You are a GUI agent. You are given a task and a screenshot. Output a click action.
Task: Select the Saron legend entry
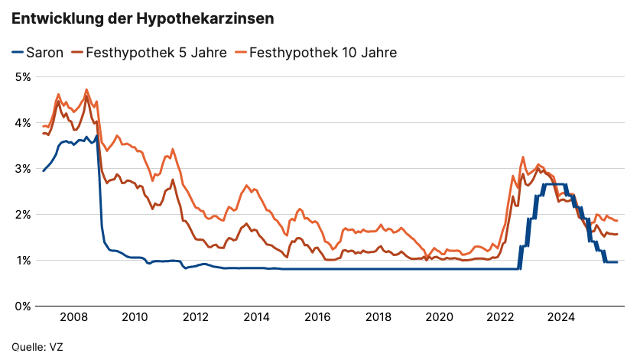click(x=37, y=53)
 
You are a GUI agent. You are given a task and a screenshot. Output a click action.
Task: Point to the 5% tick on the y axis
click(x=21, y=77)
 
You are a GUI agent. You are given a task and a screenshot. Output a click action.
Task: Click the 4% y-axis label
click(x=21, y=123)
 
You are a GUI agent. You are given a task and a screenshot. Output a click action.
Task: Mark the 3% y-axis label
click(x=21, y=169)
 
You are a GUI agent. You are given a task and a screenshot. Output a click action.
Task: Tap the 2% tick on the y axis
click(x=21, y=215)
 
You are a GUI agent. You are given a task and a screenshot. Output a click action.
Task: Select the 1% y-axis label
click(x=21, y=261)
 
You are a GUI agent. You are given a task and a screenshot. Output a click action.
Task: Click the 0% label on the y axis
click(x=21, y=306)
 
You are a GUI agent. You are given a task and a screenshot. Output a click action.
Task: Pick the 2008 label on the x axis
click(x=73, y=317)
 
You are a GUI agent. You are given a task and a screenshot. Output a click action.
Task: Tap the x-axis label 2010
click(x=135, y=317)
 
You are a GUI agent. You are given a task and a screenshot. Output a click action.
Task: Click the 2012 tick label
click(x=196, y=317)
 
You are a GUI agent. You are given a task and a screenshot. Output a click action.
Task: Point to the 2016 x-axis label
click(x=317, y=317)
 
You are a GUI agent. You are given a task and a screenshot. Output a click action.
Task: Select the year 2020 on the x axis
click(x=440, y=317)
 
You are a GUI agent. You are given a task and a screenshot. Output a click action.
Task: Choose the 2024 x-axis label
click(x=562, y=317)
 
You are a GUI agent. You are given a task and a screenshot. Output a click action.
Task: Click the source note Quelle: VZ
click(x=37, y=347)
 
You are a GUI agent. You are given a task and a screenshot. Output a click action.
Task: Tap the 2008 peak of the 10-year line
click(x=86, y=89)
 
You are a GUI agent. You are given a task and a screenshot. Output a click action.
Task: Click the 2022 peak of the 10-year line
click(x=523, y=157)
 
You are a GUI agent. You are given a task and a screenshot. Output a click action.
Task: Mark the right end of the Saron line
click(x=616, y=262)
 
